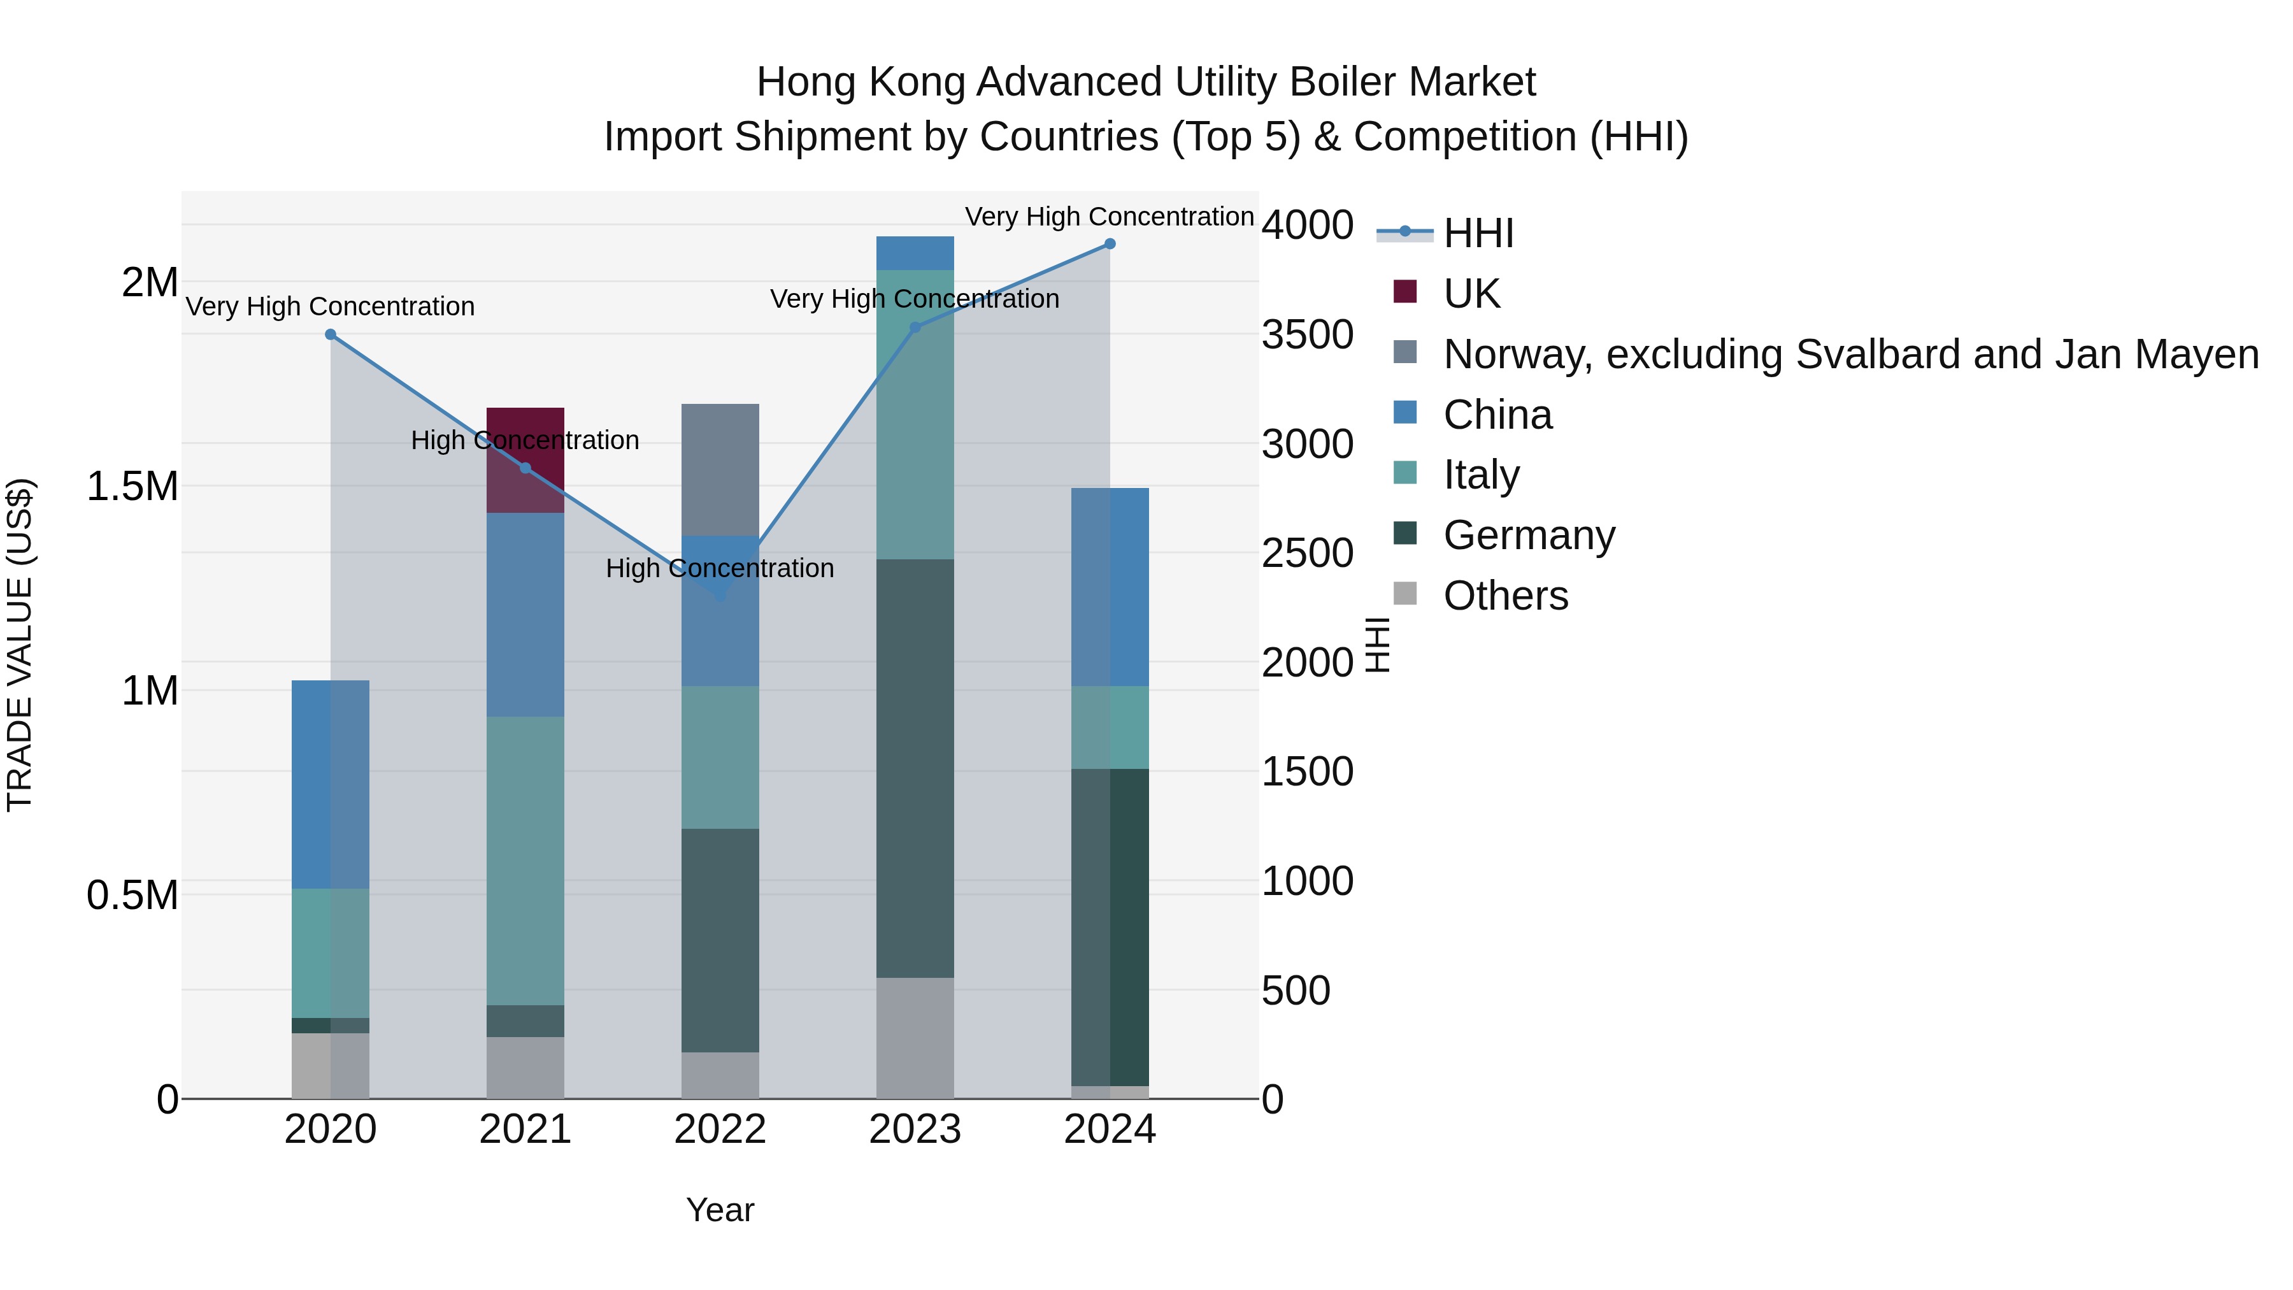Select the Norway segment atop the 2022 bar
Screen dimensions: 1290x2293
click(x=720, y=469)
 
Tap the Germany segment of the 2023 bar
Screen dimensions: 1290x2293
click(x=915, y=768)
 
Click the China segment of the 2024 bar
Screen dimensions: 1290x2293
click(x=1110, y=587)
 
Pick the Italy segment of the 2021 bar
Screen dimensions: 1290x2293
click(x=525, y=860)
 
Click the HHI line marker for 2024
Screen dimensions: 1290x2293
click(x=1110, y=244)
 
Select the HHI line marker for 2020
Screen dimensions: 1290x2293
click(x=330, y=334)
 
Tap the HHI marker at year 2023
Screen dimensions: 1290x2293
click(x=915, y=327)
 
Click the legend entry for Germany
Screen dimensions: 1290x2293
click(x=1529, y=535)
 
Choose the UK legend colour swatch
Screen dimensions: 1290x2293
click(x=1404, y=292)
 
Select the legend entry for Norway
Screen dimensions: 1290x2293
click(x=1850, y=354)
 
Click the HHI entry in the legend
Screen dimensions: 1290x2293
click(x=1478, y=233)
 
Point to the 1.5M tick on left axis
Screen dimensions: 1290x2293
click(x=132, y=487)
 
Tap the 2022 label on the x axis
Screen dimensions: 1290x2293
click(x=720, y=1129)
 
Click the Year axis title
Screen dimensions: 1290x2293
click(x=720, y=1210)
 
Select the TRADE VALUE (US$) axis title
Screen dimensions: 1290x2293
click(x=20, y=645)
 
